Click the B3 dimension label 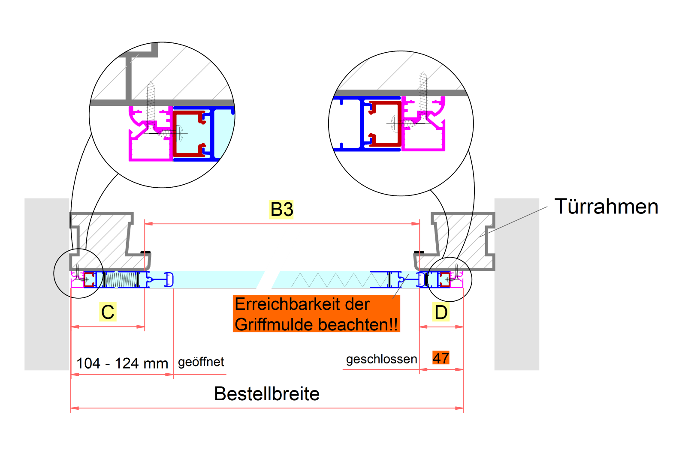pyautogui.click(x=281, y=210)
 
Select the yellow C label pyautogui.click(x=108, y=312)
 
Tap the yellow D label pyautogui.click(x=441, y=312)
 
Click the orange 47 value pyautogui.click(x=441, y=358)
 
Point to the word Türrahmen pyautogui.click(x=606, y=207)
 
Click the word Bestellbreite pyautogui.click(x=267, y=394)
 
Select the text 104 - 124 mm pyautogui.click(x=122, y=363)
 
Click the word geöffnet pyautogui.click(x=201, y=362)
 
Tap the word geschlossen pyautogui.click(x=381, y=359)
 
